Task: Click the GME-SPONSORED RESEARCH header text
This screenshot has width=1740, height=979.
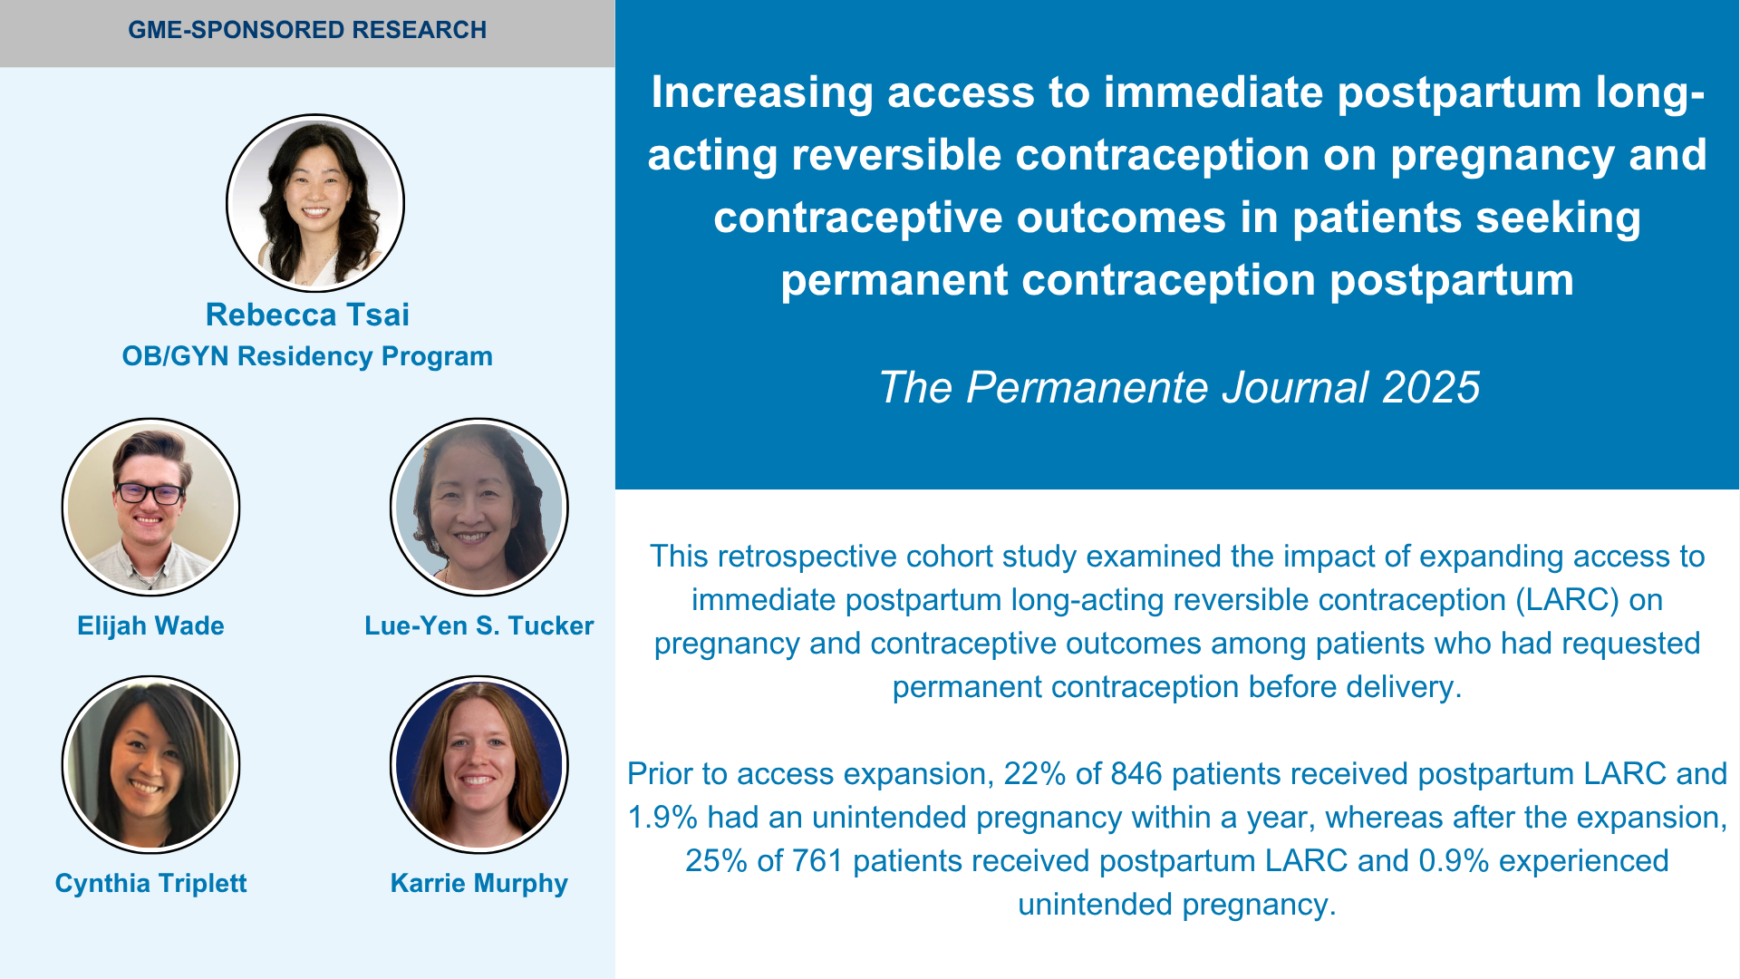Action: [x=307, y=30]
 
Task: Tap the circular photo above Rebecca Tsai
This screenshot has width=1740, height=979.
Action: [x=315, y=202]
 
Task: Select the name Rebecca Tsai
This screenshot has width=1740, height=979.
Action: [x=307, y=315]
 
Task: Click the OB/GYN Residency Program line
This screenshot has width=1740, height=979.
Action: [x=307, y=356]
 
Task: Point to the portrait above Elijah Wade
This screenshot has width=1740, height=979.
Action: [x=150, y=507]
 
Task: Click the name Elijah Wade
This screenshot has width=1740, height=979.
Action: [x=150, y=625]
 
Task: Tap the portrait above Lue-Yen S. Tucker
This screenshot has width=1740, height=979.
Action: [x=478, y=507]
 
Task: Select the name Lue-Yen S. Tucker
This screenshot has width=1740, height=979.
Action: [x=478, y=625]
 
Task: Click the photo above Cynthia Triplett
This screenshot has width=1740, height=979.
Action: [x=150, y=764]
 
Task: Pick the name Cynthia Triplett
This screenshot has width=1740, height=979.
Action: [x=150, y=883]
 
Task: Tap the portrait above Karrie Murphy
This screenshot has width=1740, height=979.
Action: [x=478, y=764]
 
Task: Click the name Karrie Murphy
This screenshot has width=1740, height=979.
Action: [x=478, y=883]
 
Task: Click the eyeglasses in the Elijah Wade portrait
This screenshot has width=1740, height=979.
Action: [x=150, y=494]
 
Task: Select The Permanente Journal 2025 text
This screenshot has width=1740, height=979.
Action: [x=1178, y=387]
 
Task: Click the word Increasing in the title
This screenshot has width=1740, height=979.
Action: [x=761, y=93]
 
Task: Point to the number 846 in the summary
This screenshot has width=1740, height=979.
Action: [x=1136, y=773]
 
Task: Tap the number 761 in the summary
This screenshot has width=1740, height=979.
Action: [x=817, y=860]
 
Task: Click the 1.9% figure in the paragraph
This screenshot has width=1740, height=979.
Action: [x=662, y=817]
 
